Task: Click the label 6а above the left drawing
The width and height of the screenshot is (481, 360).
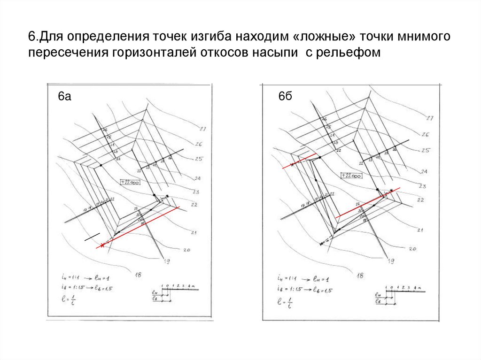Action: tap(64, 97)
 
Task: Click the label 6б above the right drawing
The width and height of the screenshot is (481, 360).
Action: tap(285, 97)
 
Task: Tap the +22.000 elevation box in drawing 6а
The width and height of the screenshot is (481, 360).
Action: tap(129, 183)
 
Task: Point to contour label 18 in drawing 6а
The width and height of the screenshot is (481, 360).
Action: tap(139, 275)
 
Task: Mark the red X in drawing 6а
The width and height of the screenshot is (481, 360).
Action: tap(101, 245)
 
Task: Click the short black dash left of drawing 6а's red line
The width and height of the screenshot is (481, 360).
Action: tap(92, 237)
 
